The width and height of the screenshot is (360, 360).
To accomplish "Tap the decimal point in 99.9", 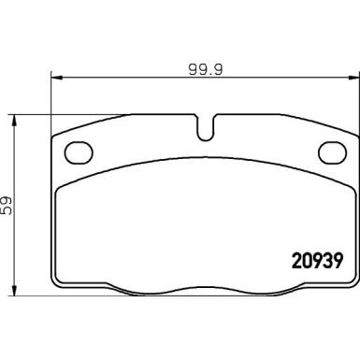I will pyautogui.click(x=202, y=72).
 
